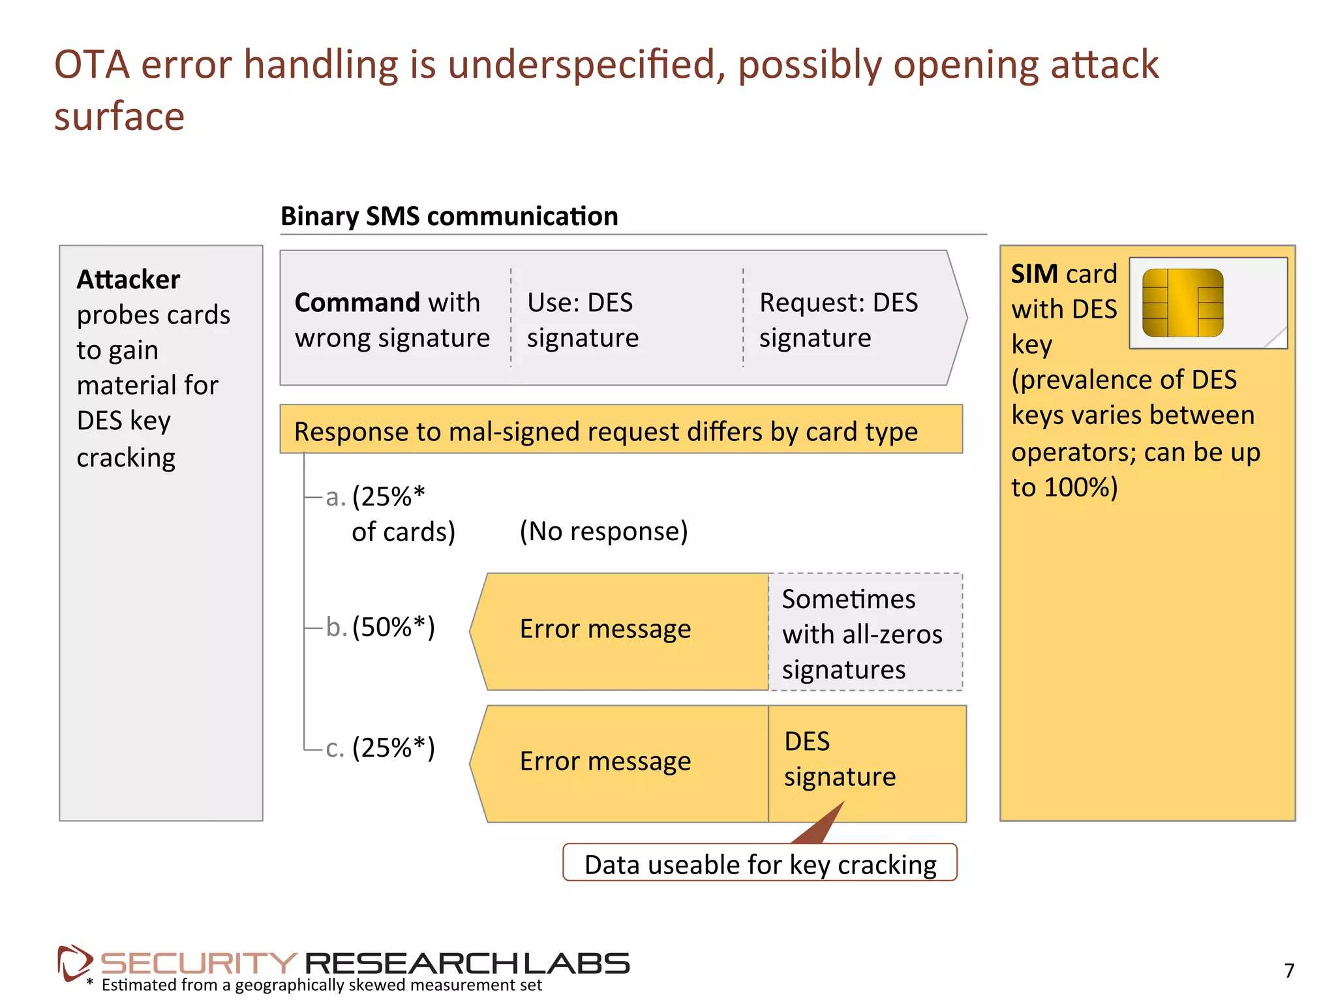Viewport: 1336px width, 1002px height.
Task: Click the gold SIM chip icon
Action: pyautogui.click(x=1182, y=303)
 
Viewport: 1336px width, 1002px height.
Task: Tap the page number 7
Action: pyautogui.click(x=1289, y=971)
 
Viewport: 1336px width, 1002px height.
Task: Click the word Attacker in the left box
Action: pyautogui.click(x=128, y=279)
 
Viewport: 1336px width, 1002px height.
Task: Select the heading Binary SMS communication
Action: pyautogui.click(x=449, y=216)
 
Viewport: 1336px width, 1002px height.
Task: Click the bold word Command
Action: pyautogui.click(x=357, y=303)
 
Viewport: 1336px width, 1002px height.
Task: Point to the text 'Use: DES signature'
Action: pyautogui.click(x=583, y=320)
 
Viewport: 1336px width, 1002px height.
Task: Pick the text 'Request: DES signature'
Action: pyautogui.click(x=838, y=320)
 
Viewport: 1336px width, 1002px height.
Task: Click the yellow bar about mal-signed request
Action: pyautogui.click(x=620, y=430)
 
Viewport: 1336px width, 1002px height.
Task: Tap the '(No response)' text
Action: pyautogui.click(x=603, y=531)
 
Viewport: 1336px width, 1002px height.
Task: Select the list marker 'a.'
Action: pyautogui.click(x=335, y=497)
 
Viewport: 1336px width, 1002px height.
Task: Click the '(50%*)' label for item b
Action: pyautogui.click(x=393, y=627)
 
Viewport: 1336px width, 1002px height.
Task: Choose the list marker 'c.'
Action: pyautogui.click(x=335, y=748)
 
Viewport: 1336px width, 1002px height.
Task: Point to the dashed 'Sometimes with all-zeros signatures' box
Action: pyautogui.click(x=864, y=633)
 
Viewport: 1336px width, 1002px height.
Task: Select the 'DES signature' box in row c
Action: pyautogui.click(x=866, y=760)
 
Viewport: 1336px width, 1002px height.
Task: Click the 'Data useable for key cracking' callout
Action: pyautogui.click(x=759, y=864)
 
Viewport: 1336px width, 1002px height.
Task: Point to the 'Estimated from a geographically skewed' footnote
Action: pyautogui.click(x=321, y=985)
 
